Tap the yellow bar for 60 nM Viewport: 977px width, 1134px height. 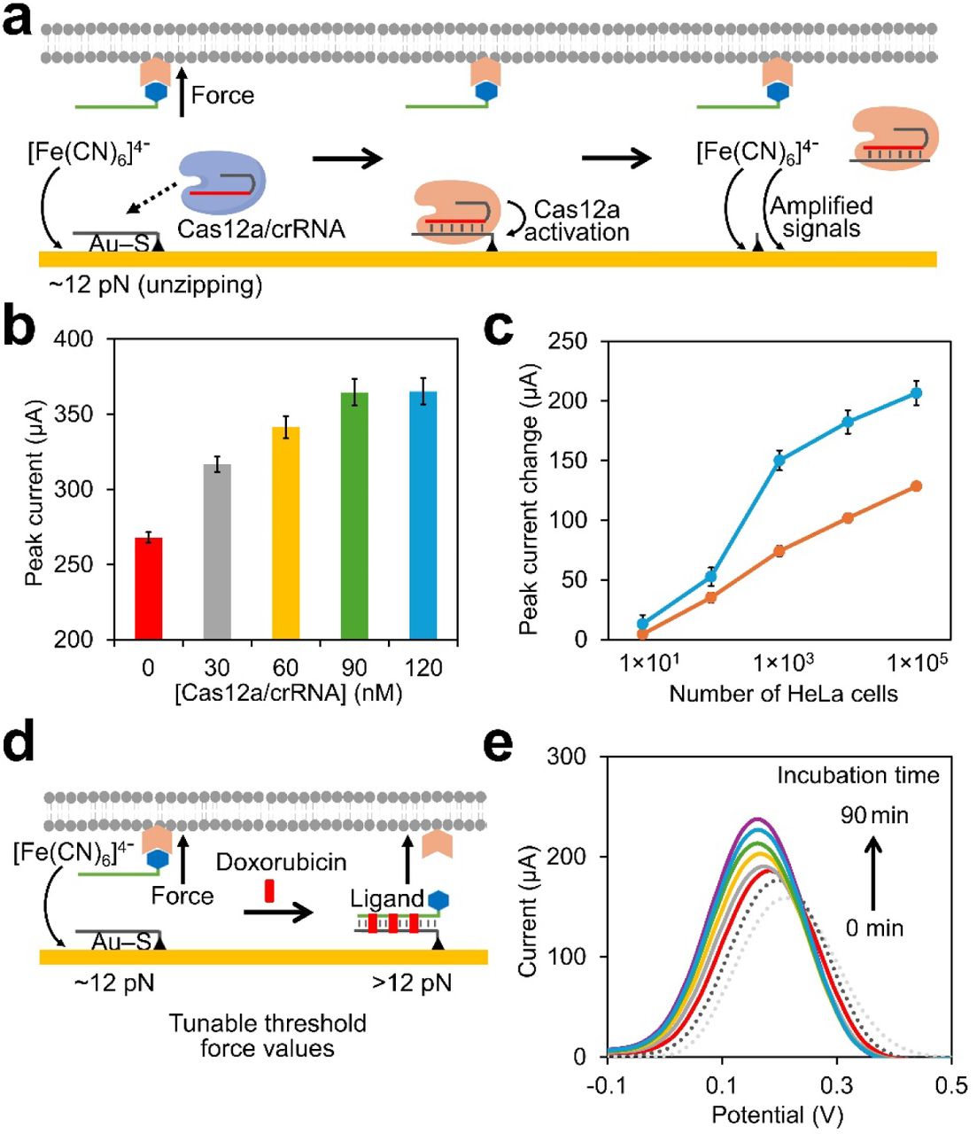click(x=285, y=532)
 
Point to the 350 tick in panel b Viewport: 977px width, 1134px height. click(x=87, y=415)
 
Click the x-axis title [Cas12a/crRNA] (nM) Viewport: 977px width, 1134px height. click(x=288, y=694)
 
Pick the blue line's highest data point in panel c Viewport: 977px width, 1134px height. click(x=916, y=392)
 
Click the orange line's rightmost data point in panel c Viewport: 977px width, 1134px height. click(x=916, y=485)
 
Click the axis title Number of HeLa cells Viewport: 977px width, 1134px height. click(x=783, y=695)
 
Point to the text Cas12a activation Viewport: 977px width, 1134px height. click(x=577, y=221)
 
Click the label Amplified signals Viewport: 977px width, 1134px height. click(x=821, y=217)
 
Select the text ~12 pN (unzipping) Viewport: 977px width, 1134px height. click(x=156, y=286)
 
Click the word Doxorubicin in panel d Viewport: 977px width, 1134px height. click(x=281, y=862)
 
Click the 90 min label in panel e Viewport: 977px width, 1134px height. click(x=874, y=815)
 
